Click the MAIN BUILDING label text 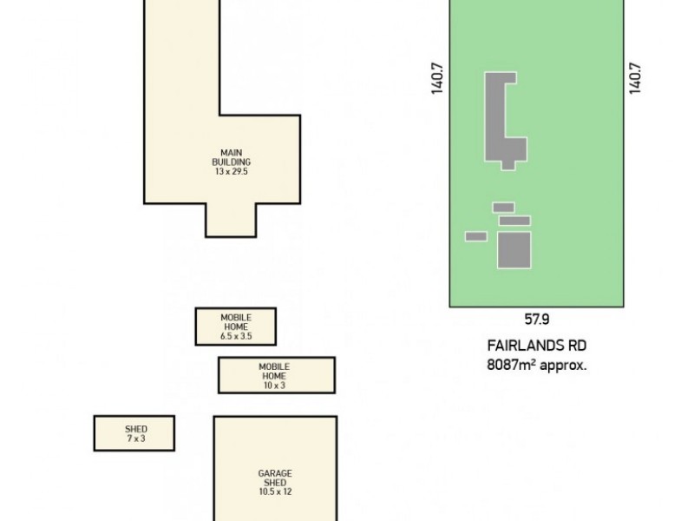[x=232, y=157]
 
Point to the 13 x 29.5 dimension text [x=232, y=172]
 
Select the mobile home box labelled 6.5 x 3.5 [x=236, y=326]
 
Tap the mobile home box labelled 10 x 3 [x=276, y=375]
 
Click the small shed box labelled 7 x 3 [x=134, y=432]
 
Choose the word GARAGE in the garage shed [x=274, y=474]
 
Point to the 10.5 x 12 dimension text [x=274, y=491]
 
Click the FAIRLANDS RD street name [x=538, y=345]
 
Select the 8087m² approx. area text [x=537, y=365]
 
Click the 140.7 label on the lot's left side [x=438, y=77]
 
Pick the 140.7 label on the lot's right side [x=635, y=77]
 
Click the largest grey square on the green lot [x=514, y=250]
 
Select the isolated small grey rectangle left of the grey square [x=475, y=236]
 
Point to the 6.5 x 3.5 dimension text [x=236, y=336]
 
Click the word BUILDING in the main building [x=232, y=162]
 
